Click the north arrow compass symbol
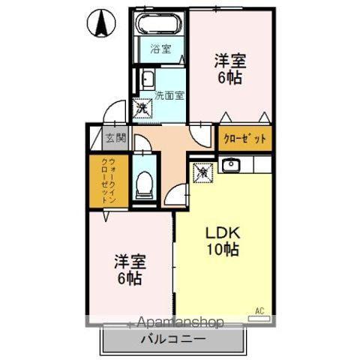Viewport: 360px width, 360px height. click(x=100, y=24)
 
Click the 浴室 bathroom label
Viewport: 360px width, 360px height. click(x=160, y=50)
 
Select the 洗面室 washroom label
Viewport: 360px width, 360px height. click(x=169, y=95)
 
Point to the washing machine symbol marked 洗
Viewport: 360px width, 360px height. click(x=142, y=108)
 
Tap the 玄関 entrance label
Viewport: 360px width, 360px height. click(x=115, y=138)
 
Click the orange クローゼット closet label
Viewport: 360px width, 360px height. click(x=245, y=139)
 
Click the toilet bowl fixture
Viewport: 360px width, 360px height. click(x=145, y=182)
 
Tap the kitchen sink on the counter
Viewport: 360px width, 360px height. click(x=231, y=165)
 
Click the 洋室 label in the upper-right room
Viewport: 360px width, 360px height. click(x=231, y=61)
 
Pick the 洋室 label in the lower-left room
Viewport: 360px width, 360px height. click(x=130, y=262)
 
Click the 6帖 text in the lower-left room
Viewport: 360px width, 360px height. click(x=130, y=279)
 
